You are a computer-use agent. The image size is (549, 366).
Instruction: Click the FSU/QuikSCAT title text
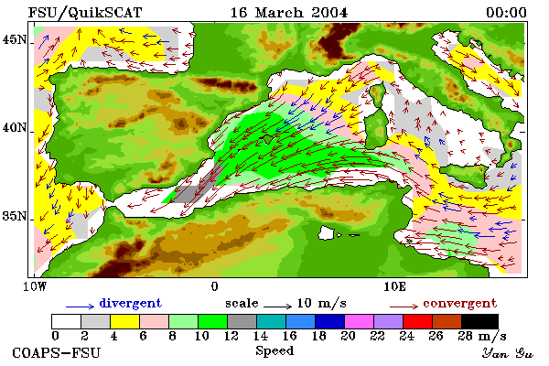85,13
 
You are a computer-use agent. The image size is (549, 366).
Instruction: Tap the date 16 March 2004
289,13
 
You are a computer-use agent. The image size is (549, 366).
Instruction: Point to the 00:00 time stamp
506,13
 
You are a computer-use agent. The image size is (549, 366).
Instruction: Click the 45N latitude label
15,39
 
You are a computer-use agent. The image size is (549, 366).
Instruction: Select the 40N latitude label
15,127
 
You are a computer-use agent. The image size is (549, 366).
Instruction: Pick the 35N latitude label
15,216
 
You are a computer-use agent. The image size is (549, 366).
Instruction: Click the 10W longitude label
35,286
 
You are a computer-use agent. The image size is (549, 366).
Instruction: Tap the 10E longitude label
394,286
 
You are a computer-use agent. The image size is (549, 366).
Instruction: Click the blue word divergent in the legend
130,303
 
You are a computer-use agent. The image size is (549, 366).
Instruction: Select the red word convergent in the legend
459,303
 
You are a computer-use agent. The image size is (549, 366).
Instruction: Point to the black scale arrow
277,307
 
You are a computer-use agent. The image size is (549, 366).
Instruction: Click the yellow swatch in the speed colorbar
125,321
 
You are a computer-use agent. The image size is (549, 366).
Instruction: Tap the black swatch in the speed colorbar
479,321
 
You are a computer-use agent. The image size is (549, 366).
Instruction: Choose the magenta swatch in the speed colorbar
360,321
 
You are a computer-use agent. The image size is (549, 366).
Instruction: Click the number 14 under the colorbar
260,336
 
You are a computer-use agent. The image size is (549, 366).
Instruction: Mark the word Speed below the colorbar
274,351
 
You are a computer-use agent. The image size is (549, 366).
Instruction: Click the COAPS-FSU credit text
57,352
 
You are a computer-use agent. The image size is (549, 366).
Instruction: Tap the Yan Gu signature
508,353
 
